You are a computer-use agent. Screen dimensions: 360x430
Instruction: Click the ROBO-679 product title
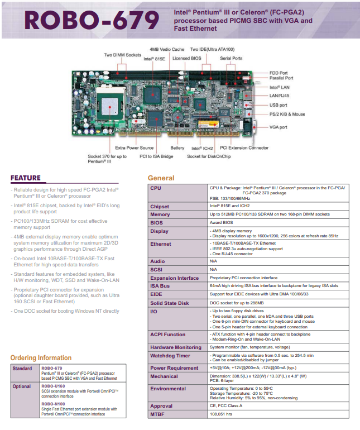pyautogui.click(x=92, y=20)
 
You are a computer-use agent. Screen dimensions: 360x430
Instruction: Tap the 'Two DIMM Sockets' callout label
pyautogui.click(x=123, y=55)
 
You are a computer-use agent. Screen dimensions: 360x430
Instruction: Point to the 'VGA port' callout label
pyautogui.click(x=279, y=127)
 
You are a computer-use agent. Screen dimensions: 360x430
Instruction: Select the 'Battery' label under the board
pyautogui.click(x=177, y=148)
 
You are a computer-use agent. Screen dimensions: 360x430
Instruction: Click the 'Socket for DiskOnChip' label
pyautogui.click(x=209, y=156)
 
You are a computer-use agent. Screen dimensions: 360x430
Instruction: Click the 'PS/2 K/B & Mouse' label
pyautogui.click(x=287, y=114)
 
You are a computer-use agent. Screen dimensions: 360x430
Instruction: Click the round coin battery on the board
pyautogui.click(x=177, y=118)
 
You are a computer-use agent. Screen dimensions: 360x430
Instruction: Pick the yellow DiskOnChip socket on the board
pyautogui.click(x=209, y=124)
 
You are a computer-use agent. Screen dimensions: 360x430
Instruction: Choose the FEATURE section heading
pyautogui.click(x=26, y=178)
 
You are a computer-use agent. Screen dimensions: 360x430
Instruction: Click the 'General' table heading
pyautogui.click(x=161, y=178)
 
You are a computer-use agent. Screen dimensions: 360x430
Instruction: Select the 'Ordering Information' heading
pyautogui.click(x=41, y=358)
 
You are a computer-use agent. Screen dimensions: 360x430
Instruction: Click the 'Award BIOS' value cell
pyautogui.click(x=221, y=223)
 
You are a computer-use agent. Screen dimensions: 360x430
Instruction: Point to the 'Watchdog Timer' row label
pyautogui.click(x=170, y=356)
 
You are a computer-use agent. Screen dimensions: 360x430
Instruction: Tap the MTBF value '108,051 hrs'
pyautogui.click(x=221, y=414)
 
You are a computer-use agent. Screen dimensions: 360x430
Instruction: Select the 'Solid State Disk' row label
pyautogui.click(x=170, y=303)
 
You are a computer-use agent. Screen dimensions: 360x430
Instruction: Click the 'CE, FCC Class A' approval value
pyautogui.click(x=226, y=406)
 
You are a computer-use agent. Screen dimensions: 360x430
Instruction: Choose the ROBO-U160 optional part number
pyautogui.click(x=53, y=386)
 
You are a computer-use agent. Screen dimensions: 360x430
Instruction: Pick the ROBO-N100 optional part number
pyautogui.click(x=53, y=404)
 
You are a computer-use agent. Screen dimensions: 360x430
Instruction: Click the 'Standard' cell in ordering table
pyautogui.click(x=22, y=369)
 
